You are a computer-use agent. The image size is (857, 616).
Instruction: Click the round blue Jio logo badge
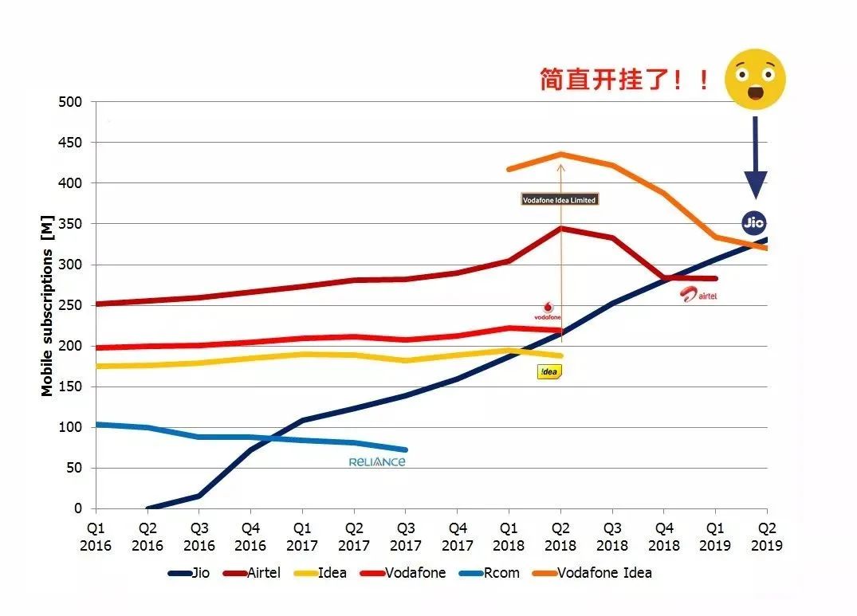click(x=753, y=223)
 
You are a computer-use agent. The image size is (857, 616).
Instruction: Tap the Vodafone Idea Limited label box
click(x=560, y=200)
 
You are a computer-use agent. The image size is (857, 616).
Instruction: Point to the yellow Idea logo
click(x=550, y=372)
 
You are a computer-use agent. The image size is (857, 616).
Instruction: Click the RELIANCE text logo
click(x=377, y=462)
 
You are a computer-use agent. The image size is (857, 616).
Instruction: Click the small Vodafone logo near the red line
click(x=548, y=311)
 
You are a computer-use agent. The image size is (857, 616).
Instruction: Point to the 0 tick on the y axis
click(x=78, y=508)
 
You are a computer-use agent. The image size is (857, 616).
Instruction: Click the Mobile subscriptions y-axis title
click(x=47, y=305)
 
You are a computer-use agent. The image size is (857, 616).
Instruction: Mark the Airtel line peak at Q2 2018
click(x=561, y=229)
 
